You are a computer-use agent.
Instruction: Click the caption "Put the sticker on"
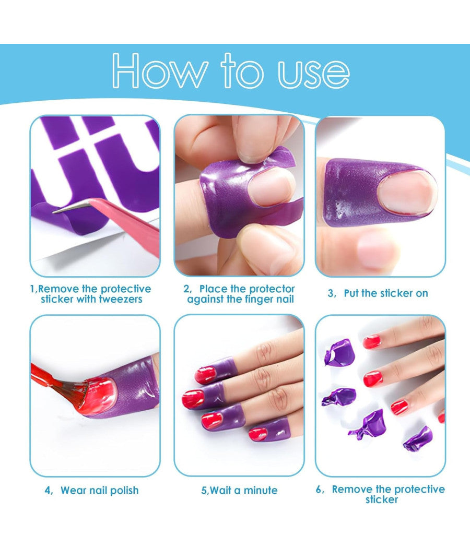385,293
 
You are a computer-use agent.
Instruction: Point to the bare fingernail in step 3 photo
407,193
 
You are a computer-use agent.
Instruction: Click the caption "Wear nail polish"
99,490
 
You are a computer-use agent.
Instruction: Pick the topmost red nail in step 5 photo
205,374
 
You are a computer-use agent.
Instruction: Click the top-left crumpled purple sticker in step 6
337,352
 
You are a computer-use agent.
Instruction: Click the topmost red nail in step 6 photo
371,342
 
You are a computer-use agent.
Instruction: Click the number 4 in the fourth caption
48,490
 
